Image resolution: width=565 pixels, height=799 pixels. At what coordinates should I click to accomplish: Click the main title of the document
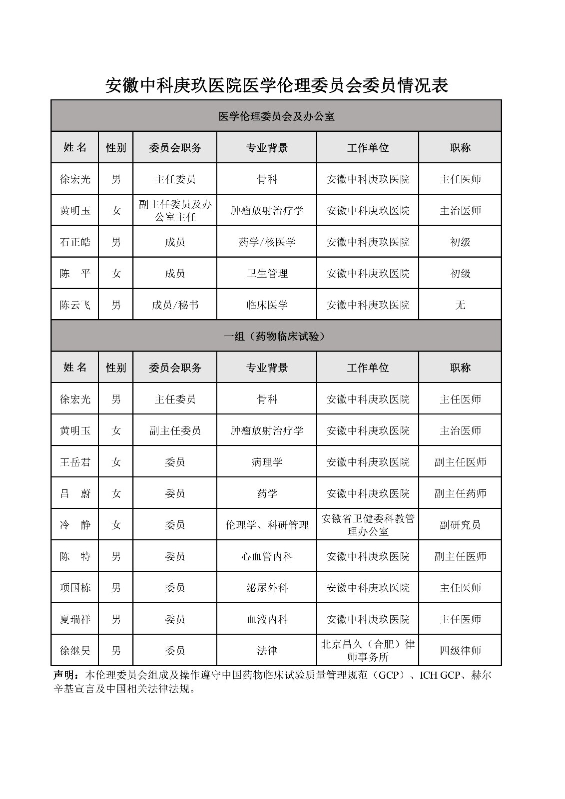(276, 85)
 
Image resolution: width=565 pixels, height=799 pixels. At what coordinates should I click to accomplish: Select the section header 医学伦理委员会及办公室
(276, 116)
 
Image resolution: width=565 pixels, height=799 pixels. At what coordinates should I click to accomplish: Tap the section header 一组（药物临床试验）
(276, 336)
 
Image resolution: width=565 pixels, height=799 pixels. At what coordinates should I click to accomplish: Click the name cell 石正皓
(75, 242)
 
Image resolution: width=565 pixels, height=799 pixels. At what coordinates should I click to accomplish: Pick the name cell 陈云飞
(75, 305)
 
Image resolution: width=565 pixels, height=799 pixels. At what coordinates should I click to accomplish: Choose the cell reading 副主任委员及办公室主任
(175, 211)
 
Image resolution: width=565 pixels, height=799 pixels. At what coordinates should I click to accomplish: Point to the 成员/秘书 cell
(175, 305)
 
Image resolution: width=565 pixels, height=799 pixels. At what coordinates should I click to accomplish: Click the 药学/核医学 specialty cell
(267, 242)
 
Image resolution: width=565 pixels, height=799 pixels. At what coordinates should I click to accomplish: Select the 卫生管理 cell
(267, 274)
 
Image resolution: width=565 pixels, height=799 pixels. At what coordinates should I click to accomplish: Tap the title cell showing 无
(460, 305)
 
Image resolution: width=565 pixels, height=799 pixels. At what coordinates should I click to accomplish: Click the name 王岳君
(75, 462)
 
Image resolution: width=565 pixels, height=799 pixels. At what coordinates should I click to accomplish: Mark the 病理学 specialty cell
(267, 462)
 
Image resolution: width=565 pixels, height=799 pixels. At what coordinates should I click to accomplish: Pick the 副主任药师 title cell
(460, 494)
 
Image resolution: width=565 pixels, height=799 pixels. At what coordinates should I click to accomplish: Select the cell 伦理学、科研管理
(267, 525)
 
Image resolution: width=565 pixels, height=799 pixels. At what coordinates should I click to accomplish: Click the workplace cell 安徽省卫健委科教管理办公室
(368, 525)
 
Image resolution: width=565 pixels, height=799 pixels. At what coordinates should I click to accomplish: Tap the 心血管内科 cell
(267, 557)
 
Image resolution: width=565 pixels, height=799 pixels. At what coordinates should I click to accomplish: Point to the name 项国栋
(75, 588)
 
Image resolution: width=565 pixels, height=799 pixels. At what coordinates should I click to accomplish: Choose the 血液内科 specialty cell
(267, 620)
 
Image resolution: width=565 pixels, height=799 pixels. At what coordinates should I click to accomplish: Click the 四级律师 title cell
(460, 651)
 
